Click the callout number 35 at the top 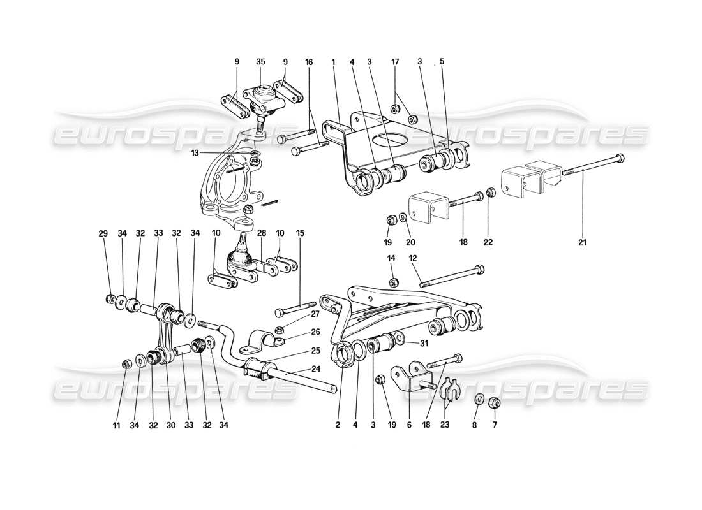(260, 62)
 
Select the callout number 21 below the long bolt (582, 242)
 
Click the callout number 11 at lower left (125, 425)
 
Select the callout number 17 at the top (396, 62)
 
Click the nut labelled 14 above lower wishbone (394, 282)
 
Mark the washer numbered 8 (478, 400)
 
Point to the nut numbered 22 (489, 191)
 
